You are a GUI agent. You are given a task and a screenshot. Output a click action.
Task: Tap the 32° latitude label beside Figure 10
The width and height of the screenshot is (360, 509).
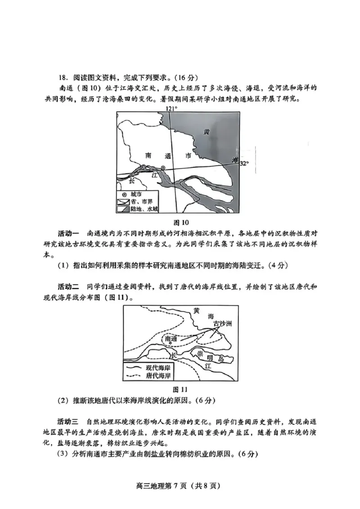(x=243, y=163)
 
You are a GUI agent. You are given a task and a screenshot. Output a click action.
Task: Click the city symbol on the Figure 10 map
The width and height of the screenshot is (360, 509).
(x=163, y=168)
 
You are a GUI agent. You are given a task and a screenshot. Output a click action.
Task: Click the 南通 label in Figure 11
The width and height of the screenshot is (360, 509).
(x=171, y=338)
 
